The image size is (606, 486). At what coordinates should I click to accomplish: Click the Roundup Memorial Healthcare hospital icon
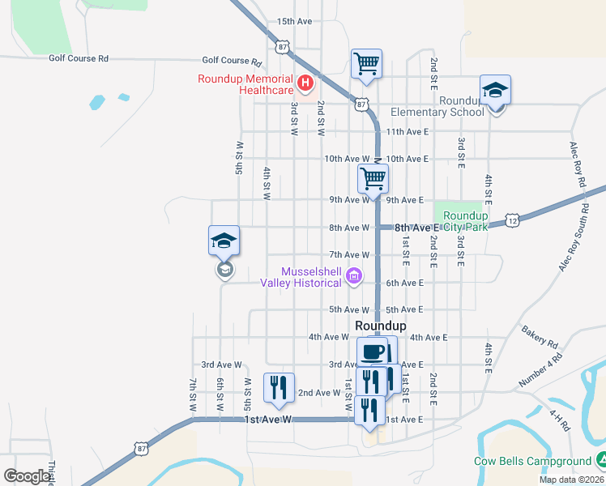pos(305,82)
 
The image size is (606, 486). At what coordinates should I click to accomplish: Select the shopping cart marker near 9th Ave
pos(373,178)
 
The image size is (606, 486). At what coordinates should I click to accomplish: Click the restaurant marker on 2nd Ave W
pos(279,386)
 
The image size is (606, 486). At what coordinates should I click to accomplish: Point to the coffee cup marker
pos(373,352)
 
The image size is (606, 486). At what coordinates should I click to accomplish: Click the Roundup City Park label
pos(466,221)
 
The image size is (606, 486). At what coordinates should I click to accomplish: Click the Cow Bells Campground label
pos(532,462)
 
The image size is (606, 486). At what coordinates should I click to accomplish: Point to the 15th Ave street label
pos(294,21)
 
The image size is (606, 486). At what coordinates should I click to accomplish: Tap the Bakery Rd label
pos(540,331)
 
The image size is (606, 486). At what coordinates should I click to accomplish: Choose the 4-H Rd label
pos(560,420)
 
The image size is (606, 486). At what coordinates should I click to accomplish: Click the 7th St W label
pos(193,394)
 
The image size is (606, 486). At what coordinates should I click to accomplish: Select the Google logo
pos(27,475)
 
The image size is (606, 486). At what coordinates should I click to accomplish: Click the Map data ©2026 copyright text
pos(571,480)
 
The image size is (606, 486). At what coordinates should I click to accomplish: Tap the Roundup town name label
pos(381,324)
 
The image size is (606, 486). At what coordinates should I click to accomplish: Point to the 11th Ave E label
pos(407,131)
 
